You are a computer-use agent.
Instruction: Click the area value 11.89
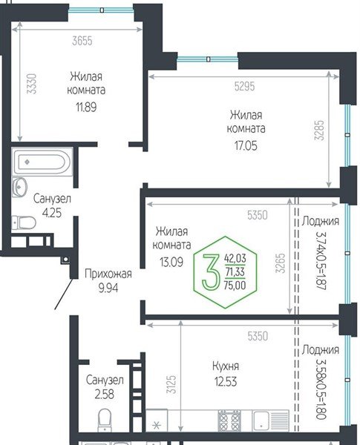pos(87,105)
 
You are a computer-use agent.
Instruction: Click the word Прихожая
pos(107,273)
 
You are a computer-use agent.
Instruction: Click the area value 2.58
pos(102,395)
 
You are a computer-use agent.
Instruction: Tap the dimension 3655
pos(82,42)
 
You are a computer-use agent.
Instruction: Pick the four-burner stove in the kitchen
pos(228,420)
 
